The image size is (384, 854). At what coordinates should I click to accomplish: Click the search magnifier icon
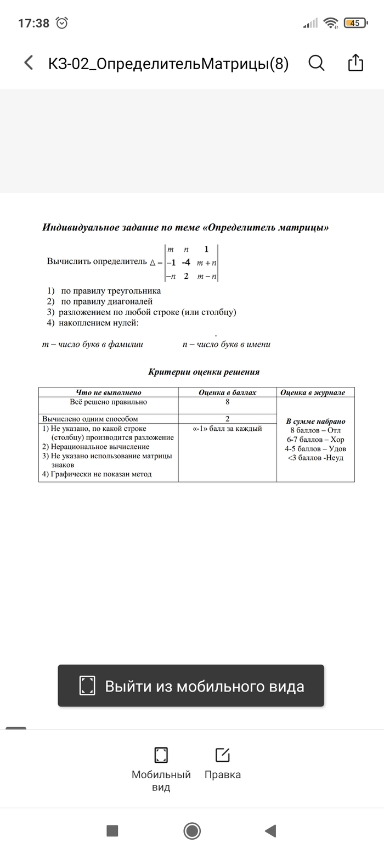pyautogui.click(x=317, y=63)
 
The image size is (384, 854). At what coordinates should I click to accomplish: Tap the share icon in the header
pyautogui.click(x=356, y=63)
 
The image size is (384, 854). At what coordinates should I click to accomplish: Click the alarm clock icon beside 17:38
pyautogui.click(x=62, y=23)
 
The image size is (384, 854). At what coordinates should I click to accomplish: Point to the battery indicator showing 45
pyautogui.click(x=355, y=23)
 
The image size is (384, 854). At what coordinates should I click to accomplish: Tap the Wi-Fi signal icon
pyautogui.click(x=331, y=23)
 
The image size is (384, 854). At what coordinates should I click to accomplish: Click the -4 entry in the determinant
pyautogui.click(x=186, y=262)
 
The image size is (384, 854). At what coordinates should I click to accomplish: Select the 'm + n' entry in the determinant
pyautogui.click(x=207, y=263)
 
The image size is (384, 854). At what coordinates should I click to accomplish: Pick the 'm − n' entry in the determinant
pyautogui.click(x=207, y=276)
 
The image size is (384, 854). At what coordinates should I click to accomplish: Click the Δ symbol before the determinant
pyautogui.click(x=153, y=262)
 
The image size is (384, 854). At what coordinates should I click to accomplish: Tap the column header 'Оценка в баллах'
pyautogui.click(x=227, y=392)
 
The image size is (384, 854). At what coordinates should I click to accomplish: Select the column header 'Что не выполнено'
pyautogui.click(x=109, y=392)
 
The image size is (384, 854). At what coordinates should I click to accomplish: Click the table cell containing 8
pyautogui.click(x=227, y=402)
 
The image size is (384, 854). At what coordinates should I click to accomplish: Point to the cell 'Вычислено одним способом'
pyautogui.click(x=90, y=419)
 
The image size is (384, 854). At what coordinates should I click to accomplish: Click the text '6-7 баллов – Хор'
pyautogui.click(x=315, y=440)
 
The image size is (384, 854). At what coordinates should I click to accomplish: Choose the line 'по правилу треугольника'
pyautogui.click(x=111, y=291)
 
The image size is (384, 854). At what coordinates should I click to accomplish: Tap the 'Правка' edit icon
pyautogui.click(x=222, y=755)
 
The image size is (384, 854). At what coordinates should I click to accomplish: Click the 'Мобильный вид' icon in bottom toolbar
pyautogui.click(x=161, y=755)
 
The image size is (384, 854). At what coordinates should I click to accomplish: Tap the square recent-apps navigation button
pyautogui.click(x=112, y=831)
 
